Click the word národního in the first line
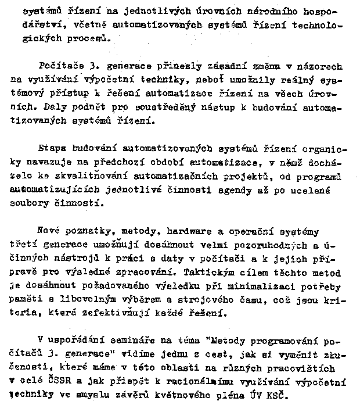(x=276, y=12)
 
